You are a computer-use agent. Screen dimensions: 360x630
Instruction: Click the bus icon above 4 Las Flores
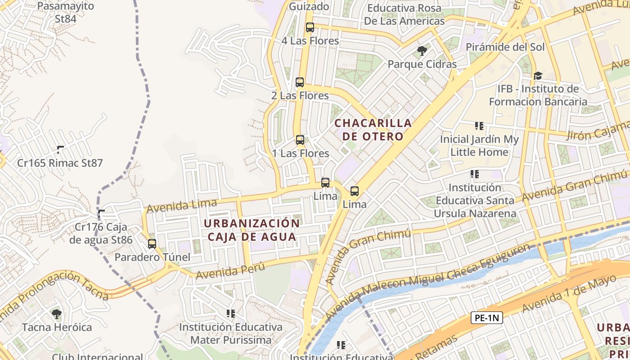(310, 27)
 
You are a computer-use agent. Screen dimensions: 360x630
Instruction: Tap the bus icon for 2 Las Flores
(300, 82)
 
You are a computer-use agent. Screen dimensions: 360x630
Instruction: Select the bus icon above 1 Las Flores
(300, 140)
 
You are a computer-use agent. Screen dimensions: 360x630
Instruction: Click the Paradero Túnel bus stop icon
(152, 244)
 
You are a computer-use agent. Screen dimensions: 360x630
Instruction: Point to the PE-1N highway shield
(487, 318)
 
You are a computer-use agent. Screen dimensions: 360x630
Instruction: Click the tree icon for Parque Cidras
(422, 51)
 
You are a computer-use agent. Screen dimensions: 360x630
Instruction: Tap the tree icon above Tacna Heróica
(57, 314)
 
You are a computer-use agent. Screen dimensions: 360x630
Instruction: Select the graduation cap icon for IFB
(538, 76)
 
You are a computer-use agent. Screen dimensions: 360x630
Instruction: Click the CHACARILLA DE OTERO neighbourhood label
(373, 129)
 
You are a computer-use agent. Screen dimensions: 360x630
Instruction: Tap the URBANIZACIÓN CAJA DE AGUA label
(252, 230)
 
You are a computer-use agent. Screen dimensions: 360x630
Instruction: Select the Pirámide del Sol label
(505, 47)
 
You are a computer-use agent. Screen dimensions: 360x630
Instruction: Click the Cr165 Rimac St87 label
(60, 163)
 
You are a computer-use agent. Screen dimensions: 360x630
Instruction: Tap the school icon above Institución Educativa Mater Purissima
(231, 313)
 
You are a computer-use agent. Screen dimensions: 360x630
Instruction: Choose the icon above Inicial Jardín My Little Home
(479, 126)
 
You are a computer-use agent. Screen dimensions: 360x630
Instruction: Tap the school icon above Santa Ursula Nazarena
(474, 174)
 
